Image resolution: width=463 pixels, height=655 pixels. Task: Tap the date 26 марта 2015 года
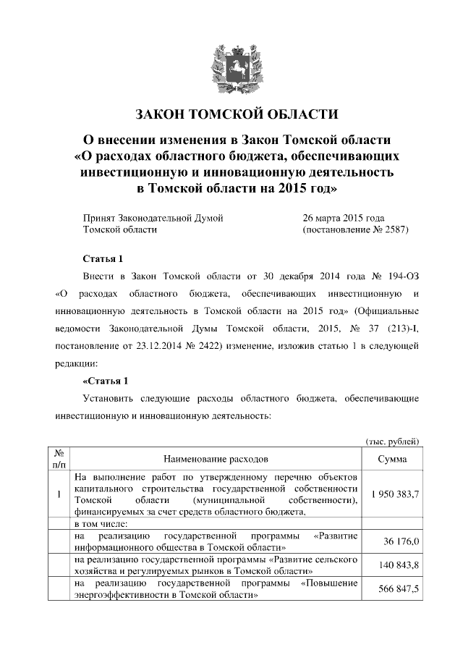(x=343, y=218)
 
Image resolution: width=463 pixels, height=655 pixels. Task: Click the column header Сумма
(x=391, y=459)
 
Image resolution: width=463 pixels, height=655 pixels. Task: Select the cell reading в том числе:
(x=101, y=523)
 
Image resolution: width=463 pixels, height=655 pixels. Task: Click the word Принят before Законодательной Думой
(x=100, y=218)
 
